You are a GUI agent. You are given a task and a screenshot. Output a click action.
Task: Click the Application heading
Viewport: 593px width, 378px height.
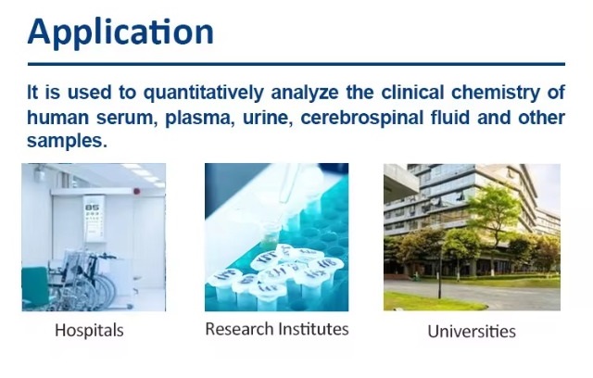coord(120,32)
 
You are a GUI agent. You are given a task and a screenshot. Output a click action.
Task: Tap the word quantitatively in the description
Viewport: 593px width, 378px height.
coord(204,93)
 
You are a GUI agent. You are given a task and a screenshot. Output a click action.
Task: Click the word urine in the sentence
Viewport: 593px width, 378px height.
coord(267,119)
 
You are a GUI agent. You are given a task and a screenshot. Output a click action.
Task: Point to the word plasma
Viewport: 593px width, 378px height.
coord(197,119)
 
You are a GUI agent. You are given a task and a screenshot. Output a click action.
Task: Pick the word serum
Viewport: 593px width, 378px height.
coord(127,119)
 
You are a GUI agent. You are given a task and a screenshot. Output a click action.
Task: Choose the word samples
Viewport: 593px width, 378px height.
coord(68,142)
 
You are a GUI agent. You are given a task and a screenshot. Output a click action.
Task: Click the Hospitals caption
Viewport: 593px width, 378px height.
coord(89,331)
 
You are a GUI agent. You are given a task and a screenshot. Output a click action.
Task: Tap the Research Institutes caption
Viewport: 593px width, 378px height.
coord(277,329)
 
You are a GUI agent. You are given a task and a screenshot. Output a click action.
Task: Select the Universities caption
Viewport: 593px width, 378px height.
coord(472,332)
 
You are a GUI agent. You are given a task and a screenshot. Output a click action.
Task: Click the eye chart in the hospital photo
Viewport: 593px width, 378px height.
coord(93,218)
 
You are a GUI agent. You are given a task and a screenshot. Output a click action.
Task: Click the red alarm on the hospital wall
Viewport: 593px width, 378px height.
coord(137,192)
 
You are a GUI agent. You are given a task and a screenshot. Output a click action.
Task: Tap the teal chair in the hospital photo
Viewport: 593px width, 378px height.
coord(36,287)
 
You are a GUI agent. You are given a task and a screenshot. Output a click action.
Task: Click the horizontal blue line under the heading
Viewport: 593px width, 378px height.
coord(296,64)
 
